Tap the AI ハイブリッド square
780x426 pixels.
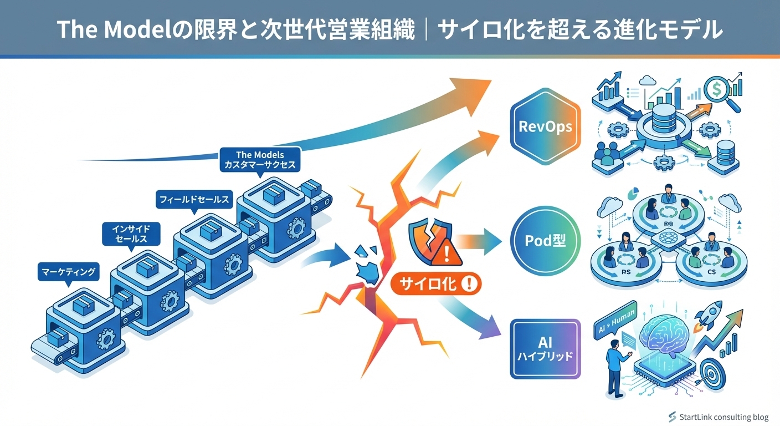[x=545, y=349]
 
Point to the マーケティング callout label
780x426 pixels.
[x=69, y=272]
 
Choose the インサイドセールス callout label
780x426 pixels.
[x=130, y=233]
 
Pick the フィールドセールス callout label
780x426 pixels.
[x=193, y=200]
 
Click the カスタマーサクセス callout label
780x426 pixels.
[x=260, y=160]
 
